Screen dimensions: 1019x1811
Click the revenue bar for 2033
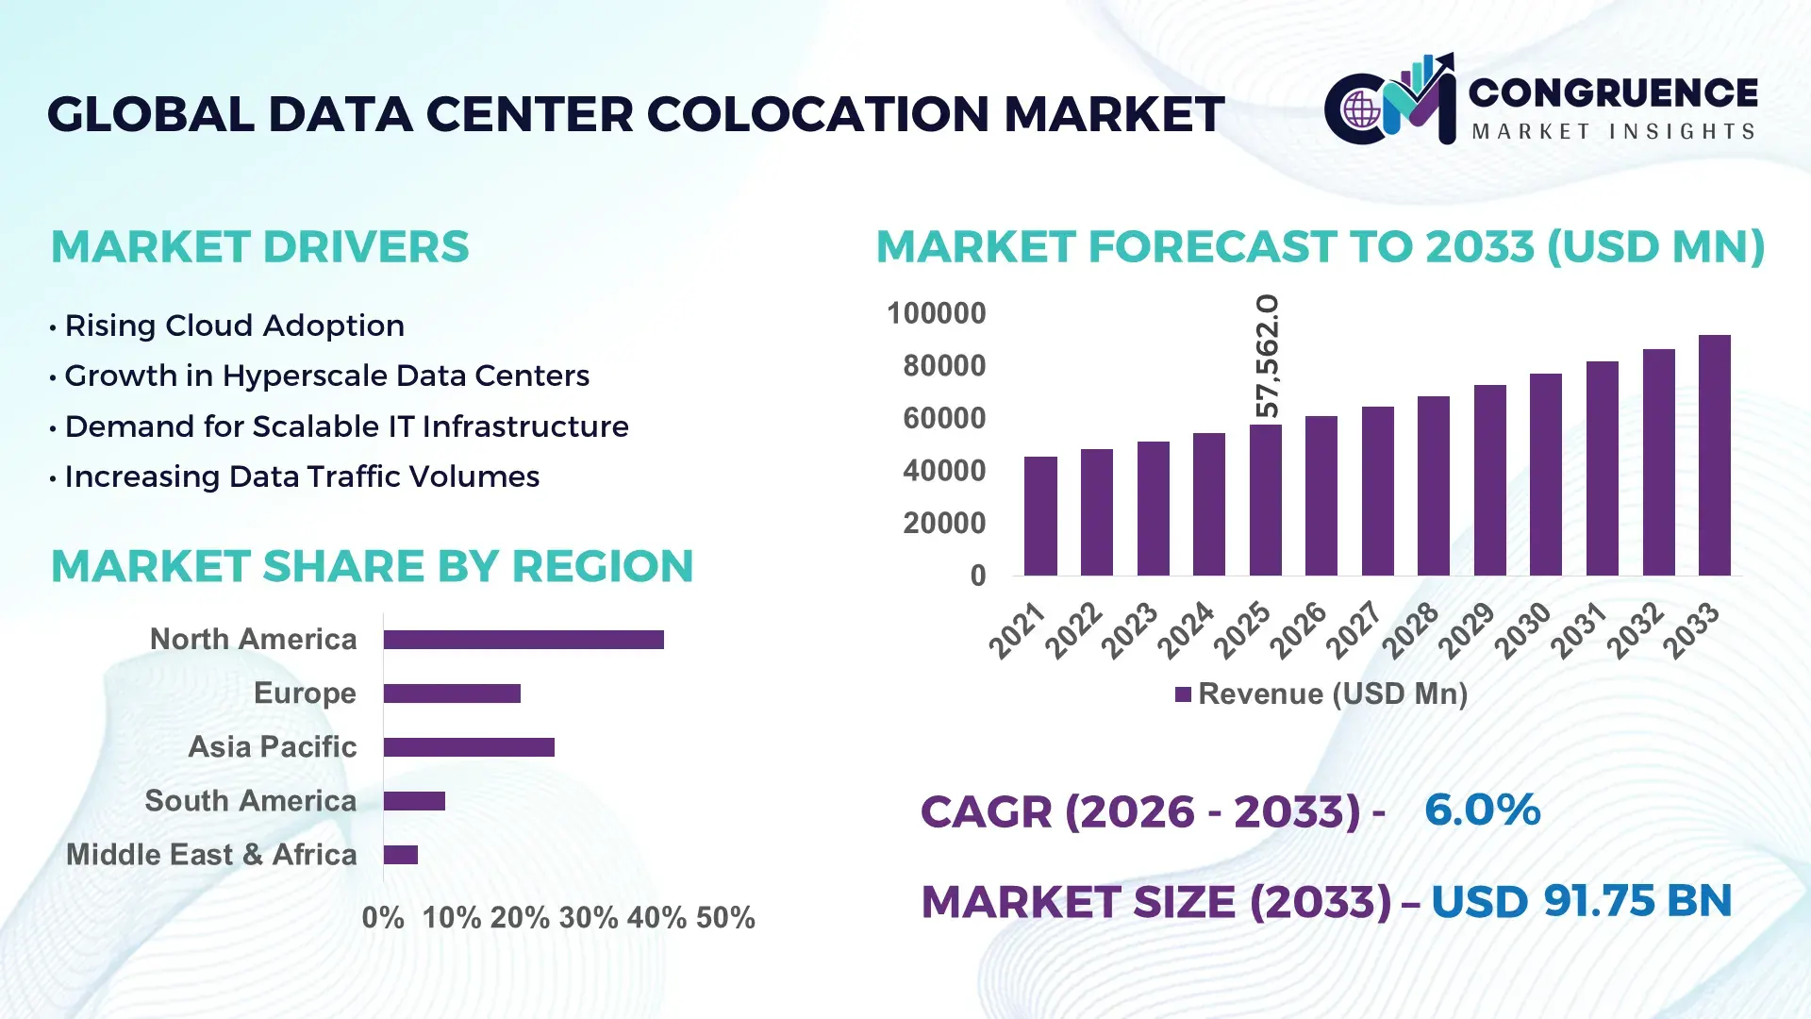(1714, 456)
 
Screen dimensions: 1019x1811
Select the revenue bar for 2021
(1040, 516)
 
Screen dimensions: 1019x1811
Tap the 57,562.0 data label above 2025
(1268, 357)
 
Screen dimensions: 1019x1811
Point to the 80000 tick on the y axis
(943, 366)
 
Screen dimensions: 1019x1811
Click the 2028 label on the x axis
(1411, 630)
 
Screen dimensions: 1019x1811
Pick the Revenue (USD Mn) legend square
(1183, 695)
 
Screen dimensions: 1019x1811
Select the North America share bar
(523, 640)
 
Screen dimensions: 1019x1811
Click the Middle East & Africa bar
(401, 855)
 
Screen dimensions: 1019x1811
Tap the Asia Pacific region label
(272, 747)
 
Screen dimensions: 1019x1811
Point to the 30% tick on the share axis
(588, 918)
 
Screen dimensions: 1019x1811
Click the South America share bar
(414, 801)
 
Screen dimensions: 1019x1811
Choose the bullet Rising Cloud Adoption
(234, 326)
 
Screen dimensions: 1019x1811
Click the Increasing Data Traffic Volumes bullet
(302, 476)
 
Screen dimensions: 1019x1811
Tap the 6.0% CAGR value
(1482, 810)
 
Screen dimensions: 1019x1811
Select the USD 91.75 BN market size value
(1581, 901)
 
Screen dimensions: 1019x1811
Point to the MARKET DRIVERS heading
(259, 247)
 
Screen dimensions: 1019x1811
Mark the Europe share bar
(452, 693)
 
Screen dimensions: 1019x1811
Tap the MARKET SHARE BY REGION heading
(372, 567)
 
